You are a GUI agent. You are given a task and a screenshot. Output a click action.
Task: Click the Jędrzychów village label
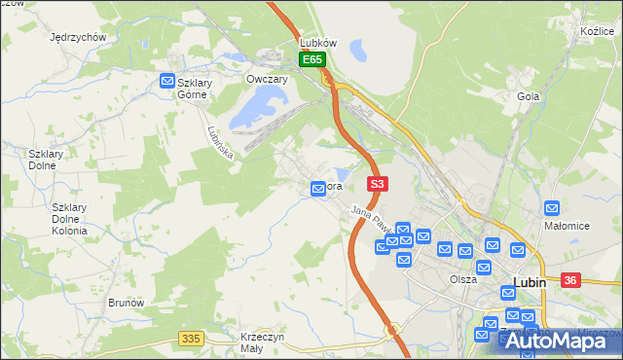pos(77,37)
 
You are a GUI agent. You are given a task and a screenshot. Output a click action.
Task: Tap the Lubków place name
pos(318,44)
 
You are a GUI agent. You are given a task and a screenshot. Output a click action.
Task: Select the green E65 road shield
pos(311,60)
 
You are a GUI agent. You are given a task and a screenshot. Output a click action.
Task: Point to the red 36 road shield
pos(570,280)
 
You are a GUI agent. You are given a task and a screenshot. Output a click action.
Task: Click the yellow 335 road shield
pos(191,338)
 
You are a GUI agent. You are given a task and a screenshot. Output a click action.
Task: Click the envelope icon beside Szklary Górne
pos(167,82)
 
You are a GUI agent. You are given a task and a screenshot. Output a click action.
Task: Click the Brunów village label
pos(126,303)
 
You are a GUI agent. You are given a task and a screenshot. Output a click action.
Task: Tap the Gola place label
pos(529,96)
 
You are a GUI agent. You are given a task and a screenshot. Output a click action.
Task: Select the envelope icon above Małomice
pos(552,207)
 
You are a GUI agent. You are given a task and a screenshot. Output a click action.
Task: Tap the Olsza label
pos(463,279)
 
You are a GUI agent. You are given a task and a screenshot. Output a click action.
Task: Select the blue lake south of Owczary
pos(261,103)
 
